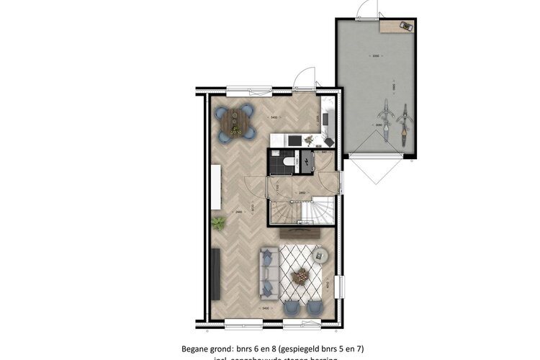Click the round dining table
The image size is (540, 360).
[x=237, y=121]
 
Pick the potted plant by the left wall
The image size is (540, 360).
[x=219, y=223]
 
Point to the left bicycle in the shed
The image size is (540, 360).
[x=385, y=122]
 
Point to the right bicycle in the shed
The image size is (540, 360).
[x=404, y=125]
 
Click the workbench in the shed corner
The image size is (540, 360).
[x=398, y=27]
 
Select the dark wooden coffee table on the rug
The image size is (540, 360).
[x=300, y=274]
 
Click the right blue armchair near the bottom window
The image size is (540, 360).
[x=315, y=305]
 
